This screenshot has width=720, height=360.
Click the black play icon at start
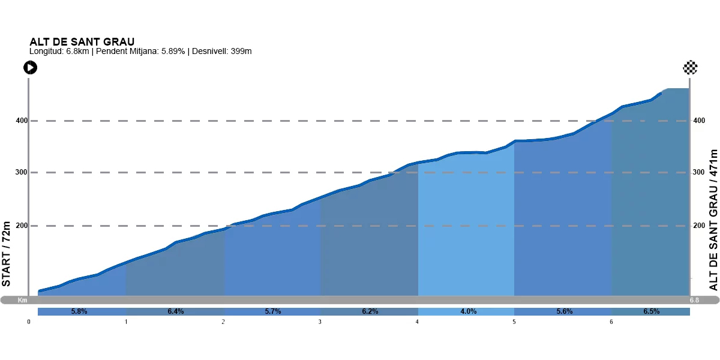click(x=30, y=68)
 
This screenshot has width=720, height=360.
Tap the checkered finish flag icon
click(x=690, y=67)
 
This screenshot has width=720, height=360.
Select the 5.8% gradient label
click(x=79, y=311)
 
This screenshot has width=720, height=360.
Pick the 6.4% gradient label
click(x=175, y=311)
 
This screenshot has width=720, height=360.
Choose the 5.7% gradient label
click(x=273, y=311)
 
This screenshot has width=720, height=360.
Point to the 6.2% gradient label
click(x=370, y=311)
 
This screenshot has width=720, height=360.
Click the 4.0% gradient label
click(x=468, y=311)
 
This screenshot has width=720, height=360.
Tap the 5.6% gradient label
click(x=565, y=311)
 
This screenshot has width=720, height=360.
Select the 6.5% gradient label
click(x=651, y=311)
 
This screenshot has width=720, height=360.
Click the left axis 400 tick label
click(x=21, y=121)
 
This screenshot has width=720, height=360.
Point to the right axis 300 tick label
click(x=698, y=173)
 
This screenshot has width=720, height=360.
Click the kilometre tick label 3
click(x=320, y=322)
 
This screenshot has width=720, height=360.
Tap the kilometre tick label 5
click(x=514, y=322)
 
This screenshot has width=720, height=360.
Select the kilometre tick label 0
click(x=29, y=322)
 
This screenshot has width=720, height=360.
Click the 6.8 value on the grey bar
click(x=694, y=300)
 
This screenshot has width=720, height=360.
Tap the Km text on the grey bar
click(x=23, y=300)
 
